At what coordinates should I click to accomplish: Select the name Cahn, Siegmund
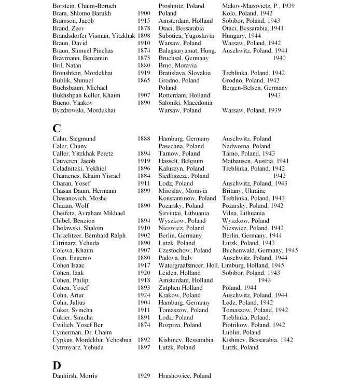pos(74,139)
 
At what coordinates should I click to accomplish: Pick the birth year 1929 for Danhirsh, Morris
pos(144,375)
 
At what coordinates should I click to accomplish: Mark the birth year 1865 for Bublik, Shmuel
pos(144,80)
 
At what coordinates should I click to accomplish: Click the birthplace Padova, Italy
pos(175,258)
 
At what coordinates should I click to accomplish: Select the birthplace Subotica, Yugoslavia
pos(186,35)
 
